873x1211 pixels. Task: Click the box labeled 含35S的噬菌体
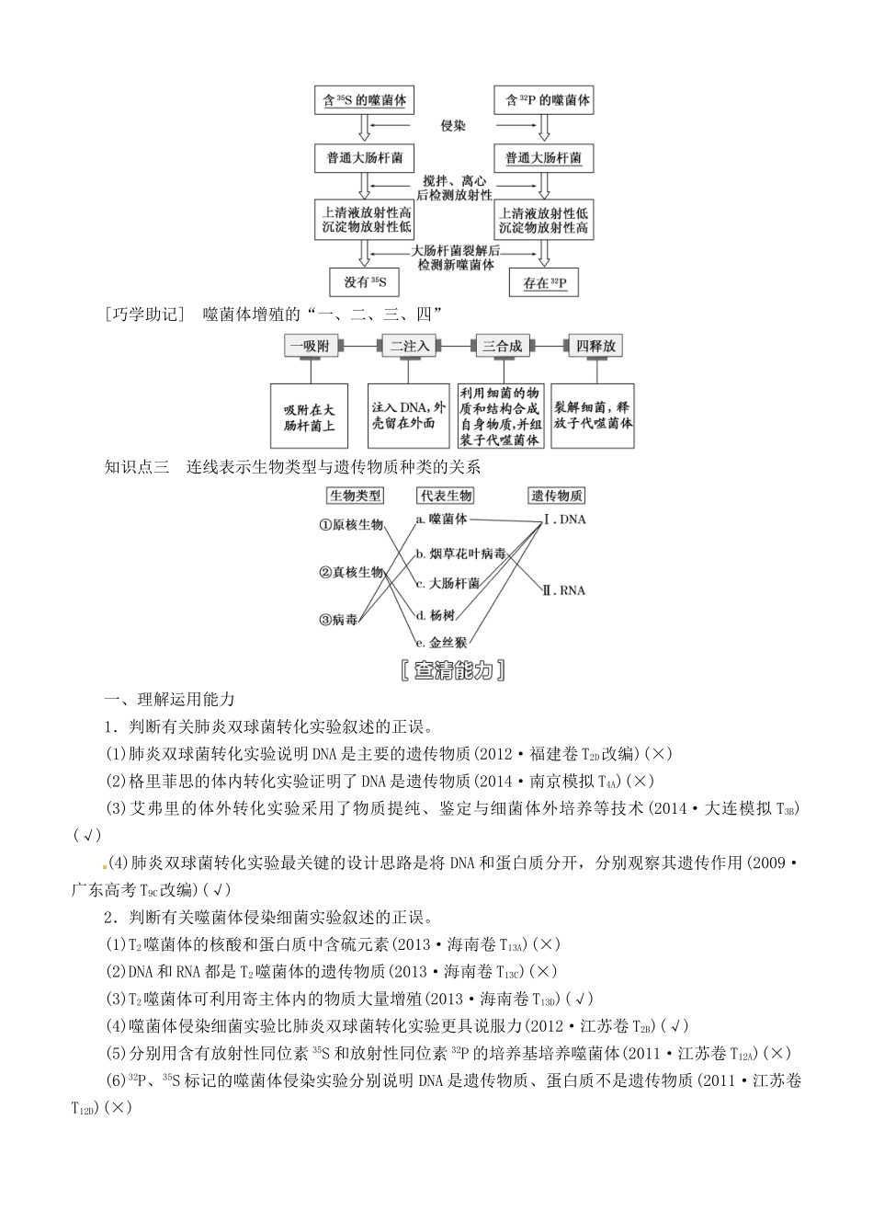(365, 100)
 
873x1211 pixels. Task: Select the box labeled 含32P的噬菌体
(543, 100)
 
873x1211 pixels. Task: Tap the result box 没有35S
(365, 281)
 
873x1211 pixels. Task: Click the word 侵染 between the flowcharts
(454, 126)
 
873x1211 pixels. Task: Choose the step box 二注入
(410, 346)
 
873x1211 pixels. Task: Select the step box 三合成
(502, 346)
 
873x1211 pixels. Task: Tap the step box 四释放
(595, 346)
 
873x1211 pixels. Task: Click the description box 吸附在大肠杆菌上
(310, 417)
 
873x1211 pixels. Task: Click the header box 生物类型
(356, 496)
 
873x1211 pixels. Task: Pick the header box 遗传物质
(556, 496)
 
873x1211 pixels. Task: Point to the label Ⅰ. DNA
(564, 520)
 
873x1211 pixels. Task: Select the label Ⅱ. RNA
(563, 589)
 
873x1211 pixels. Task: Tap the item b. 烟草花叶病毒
(460, 554)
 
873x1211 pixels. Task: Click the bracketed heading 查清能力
(454, 671)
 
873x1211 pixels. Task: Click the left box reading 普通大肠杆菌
(365, 158)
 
